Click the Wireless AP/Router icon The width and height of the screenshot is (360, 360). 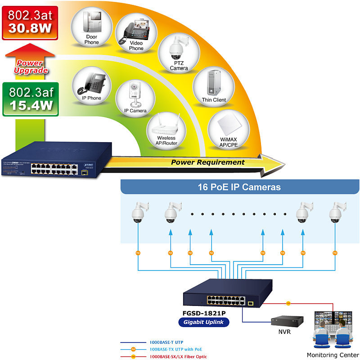[166, 130]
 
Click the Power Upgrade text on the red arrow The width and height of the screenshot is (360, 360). [30, 67]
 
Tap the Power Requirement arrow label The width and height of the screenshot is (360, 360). [208, 162]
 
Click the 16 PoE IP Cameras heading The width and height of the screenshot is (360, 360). [239, 187]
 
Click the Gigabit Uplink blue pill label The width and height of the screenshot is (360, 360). [204, 322]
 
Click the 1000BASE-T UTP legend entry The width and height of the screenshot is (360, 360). [166, 342]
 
